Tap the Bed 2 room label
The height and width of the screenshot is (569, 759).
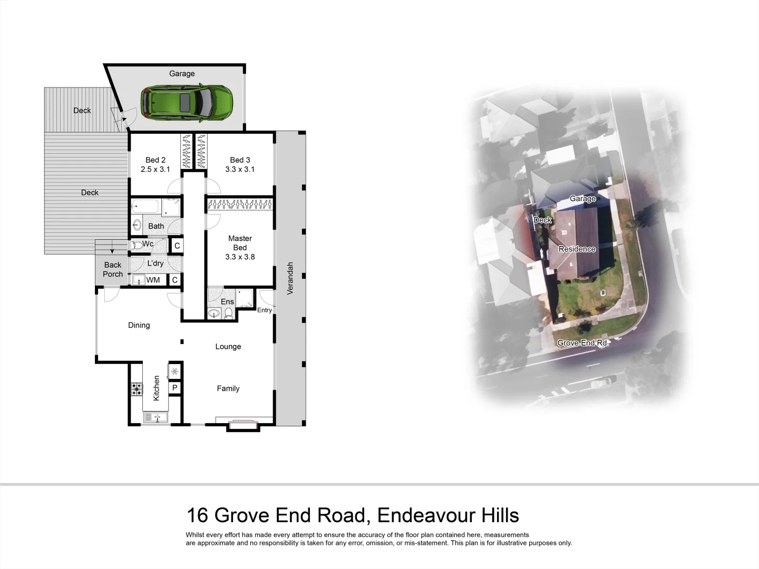point(155,160)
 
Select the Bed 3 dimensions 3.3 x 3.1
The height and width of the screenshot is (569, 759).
point(240,170)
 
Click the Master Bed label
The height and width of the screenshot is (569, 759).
point(240,243)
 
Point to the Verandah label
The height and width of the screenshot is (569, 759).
point(289,278)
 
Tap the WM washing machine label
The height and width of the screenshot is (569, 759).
point(153,280)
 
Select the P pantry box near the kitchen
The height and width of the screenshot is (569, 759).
point(175,388)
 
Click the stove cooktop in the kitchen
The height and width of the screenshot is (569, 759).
point(137,389)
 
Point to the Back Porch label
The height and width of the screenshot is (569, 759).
point(113,269)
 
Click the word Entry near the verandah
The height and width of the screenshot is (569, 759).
point(265,310)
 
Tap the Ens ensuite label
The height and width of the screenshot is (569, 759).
point(227,302)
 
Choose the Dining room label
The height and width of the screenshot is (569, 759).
point(139,326)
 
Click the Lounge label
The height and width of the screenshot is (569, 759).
point(228,347)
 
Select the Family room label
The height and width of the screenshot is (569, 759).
point(228,389)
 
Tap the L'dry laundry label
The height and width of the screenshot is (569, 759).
point(155,263)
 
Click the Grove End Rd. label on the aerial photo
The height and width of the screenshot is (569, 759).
point(583,343)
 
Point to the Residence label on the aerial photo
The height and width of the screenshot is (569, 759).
point(577,249)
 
